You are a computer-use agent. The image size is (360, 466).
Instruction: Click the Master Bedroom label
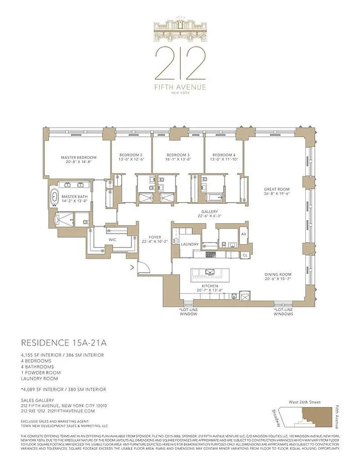(x=79, y=157)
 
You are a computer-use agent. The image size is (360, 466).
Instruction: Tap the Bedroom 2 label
(x=131, y=155)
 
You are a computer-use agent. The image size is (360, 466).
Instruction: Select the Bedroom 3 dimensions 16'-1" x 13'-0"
(x=178, y=160)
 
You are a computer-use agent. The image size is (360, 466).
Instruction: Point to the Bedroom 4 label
(x=224, y=155)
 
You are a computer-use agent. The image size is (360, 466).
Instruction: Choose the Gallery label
(x=210, y=211)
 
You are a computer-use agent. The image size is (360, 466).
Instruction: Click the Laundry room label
(x=190, y=245)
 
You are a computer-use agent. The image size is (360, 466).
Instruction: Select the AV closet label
(x=244, y=234)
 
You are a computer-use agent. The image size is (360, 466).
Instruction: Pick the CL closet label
(x=245, y=255)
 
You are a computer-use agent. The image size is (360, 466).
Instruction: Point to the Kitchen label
(x=209, y=287)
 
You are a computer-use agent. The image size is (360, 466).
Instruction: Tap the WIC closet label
(x=112, y=239)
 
